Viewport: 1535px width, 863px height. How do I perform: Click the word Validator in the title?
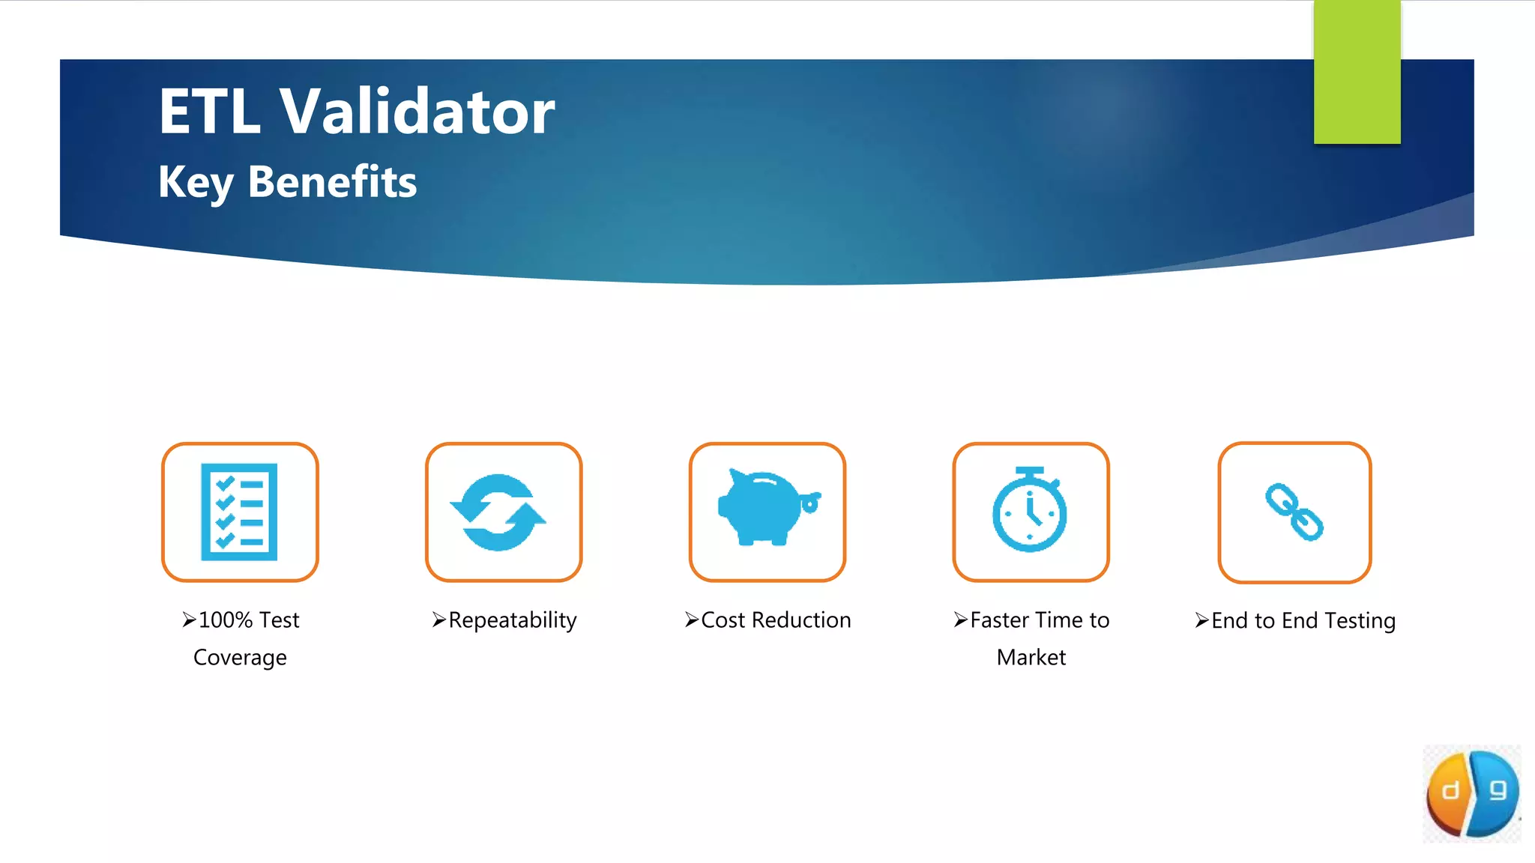417,112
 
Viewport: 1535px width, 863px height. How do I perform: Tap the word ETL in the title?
209,112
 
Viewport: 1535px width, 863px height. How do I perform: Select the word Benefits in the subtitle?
332,182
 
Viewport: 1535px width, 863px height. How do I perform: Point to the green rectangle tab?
1357,72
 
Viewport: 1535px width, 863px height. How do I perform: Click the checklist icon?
240,512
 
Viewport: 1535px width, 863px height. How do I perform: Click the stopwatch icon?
1030,510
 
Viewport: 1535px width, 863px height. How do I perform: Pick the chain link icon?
1294,512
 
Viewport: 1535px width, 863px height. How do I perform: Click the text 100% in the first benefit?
226,620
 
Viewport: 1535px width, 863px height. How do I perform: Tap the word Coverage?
240,658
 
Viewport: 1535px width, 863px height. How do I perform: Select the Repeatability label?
513,620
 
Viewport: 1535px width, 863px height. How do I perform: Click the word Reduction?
800,620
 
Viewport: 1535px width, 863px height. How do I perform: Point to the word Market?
1031,658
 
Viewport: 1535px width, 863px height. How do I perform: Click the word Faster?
1000,620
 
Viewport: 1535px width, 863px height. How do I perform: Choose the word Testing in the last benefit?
1360,621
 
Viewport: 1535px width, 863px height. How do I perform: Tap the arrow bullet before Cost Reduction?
691,620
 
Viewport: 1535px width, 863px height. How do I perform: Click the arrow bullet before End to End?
1201,621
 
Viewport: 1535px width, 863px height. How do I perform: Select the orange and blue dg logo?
1472,793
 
